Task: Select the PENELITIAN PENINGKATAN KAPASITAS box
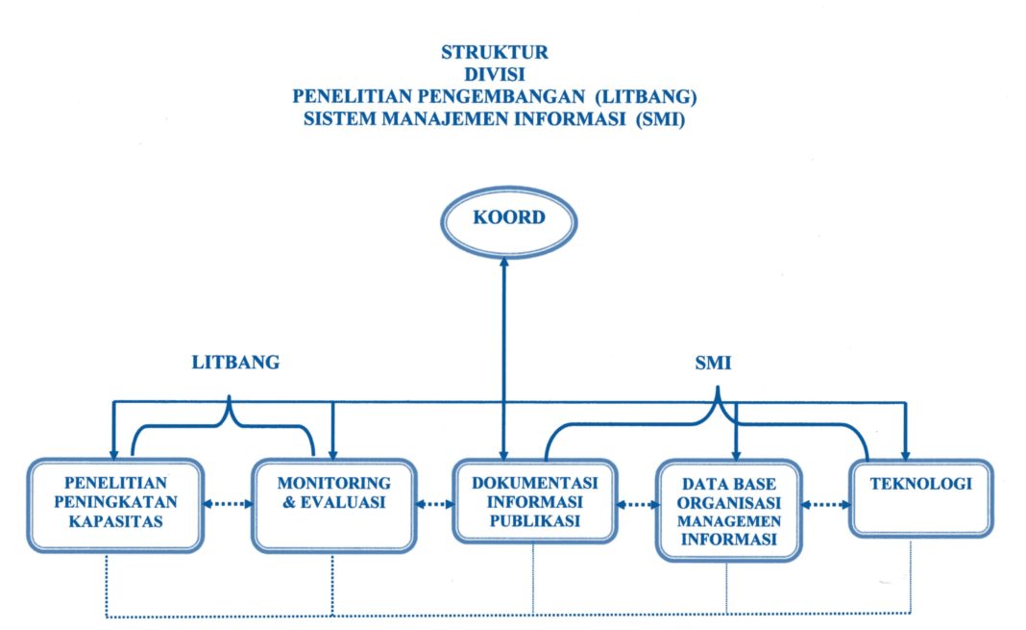point(116,504)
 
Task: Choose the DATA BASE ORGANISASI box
point(730,510)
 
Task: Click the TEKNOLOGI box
point(920,497)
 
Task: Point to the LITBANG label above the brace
point(235,363)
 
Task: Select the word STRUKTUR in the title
point(495,51)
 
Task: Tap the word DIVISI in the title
point(495,75)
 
